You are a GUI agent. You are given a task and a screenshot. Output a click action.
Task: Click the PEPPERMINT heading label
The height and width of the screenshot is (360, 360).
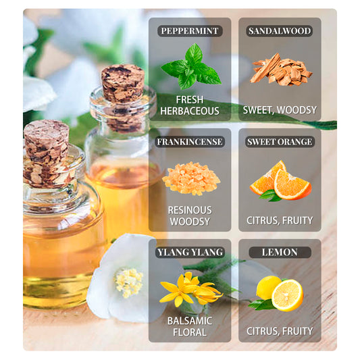(190, 31)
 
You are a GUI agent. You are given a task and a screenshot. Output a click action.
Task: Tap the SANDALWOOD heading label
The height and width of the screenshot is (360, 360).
(280, 31)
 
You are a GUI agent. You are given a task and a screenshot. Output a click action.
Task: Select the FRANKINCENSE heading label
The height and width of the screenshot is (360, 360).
(190, 142)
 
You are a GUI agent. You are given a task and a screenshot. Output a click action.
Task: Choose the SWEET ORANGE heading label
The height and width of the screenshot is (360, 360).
(280, 142)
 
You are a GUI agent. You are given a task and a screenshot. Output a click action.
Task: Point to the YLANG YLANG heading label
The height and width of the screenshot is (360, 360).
(190, 253)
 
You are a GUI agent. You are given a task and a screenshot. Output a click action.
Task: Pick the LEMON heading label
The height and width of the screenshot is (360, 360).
(280, 253)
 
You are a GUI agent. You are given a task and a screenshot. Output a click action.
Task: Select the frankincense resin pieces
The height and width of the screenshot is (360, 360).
(191, 178)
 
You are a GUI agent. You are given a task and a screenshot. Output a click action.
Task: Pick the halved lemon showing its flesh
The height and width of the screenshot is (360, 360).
(288, 295)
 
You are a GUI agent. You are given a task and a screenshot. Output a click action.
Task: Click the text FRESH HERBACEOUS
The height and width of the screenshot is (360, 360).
(190, 105)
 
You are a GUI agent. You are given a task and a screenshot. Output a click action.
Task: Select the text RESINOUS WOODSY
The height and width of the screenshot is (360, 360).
(190, 215)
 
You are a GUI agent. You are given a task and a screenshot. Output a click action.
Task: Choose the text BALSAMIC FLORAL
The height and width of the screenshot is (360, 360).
(190, 326)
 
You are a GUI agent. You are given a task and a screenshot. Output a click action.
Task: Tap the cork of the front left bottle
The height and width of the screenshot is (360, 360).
(46, 141)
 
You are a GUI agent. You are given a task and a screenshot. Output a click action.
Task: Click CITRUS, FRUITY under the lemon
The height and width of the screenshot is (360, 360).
(280, 331)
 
